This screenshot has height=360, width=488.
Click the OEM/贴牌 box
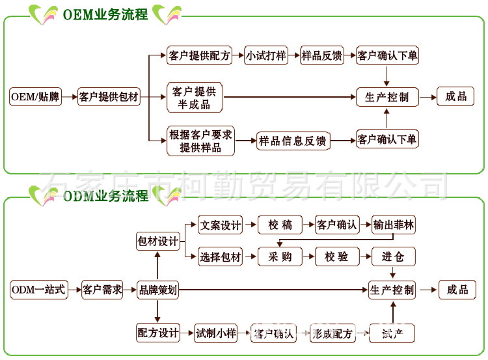click(35, 98)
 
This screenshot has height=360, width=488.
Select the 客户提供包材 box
click(109, 98)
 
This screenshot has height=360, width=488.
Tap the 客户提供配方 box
click(199, 56)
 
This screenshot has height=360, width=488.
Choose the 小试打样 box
click(266, 56)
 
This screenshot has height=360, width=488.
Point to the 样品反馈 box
click(322, 56)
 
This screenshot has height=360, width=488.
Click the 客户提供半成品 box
click(195, 98)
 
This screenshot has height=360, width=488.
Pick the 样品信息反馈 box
click(293, 141)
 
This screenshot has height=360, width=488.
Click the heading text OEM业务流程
click(105, 14)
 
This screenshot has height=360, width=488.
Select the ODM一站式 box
click(39, 290)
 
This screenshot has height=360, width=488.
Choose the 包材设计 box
click(157, 241)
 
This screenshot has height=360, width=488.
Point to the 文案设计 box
click(221, 226)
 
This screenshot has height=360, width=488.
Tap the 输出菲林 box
click(394, 226)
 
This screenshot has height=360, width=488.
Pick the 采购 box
click(280, 256)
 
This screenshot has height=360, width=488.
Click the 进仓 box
click(394, 256)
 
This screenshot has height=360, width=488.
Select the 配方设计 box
click(157, 333)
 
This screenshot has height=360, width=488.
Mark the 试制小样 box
click(216, 333)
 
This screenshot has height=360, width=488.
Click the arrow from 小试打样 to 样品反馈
click(294, 56)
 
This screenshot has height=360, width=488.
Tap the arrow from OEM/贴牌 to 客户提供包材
click(70, 98)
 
